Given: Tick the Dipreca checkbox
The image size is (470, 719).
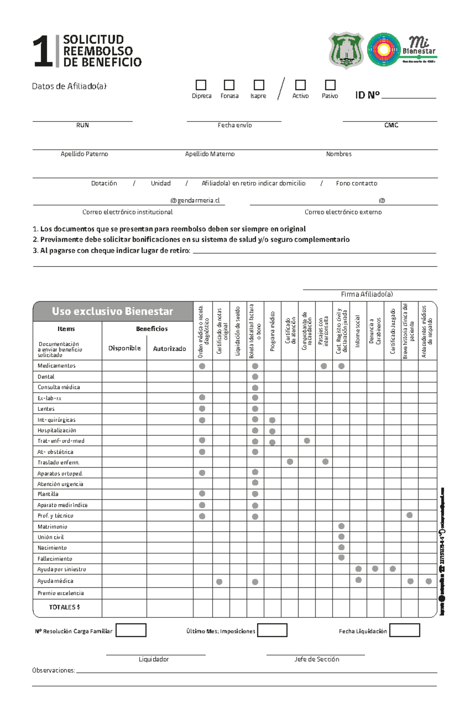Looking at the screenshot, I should point(201,85).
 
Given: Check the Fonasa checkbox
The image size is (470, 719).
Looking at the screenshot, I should point(229,85).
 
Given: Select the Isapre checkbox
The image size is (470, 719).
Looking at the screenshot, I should point(259,85).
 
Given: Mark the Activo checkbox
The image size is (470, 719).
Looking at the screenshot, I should point(300,85).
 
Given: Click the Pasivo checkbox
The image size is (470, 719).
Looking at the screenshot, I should point(330,85).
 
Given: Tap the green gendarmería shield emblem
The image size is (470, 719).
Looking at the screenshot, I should point(346,50).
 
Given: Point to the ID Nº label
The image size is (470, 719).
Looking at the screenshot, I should point(367,95).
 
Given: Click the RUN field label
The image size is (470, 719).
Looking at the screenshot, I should point(82,125).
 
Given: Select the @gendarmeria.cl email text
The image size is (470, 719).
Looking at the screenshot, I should point(195,200).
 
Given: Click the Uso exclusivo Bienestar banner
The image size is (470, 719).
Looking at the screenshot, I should point(112,311).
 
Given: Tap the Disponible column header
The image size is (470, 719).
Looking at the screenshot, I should point(124,348).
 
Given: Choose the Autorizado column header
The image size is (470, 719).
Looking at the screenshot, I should point(169,349).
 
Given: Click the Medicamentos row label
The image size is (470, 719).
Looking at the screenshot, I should point(56,366).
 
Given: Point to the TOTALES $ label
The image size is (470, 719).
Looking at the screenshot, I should point(64,607).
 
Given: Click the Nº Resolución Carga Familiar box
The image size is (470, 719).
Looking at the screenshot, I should point(131,630).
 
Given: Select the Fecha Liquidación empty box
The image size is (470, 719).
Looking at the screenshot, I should point(405,630).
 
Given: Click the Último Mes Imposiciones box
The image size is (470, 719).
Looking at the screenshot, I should point(272,630).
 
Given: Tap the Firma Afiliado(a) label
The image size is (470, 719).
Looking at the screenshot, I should point(367,294).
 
